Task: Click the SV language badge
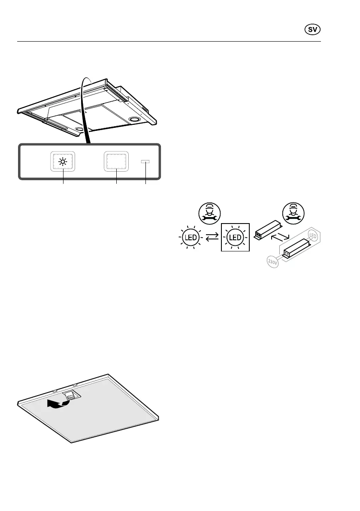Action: click(x=313, y=30)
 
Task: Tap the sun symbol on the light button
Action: click(x=64, y=162)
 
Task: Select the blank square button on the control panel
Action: click(x=117, y=162)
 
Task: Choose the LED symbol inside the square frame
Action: click(x=235, y=237)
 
